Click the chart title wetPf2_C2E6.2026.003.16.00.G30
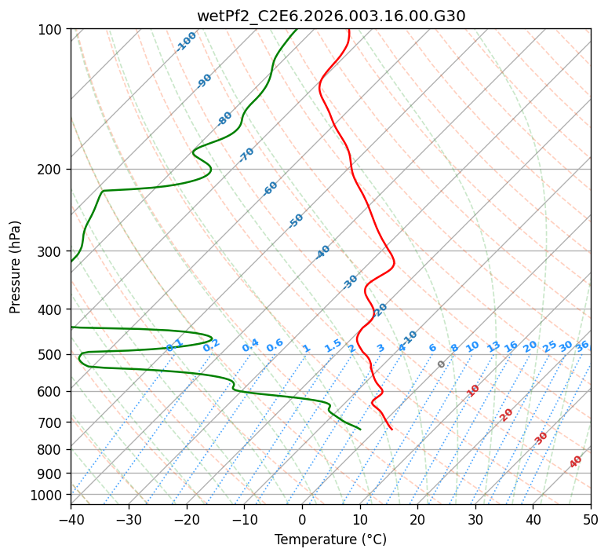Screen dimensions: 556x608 click(330, 16)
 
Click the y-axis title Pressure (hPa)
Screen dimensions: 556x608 click(16, 266)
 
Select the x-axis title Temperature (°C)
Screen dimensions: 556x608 click(330, 540)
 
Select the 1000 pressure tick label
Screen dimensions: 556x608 click(49, 495)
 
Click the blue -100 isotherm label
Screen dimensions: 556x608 click(186, 41)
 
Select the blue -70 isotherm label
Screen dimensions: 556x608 click(246, 154)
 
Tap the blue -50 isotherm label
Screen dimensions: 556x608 click(296, 221)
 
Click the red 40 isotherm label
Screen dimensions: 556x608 click(576, 462)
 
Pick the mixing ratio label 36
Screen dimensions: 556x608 click(582, 346)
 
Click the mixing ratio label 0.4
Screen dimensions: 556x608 click(250, 346)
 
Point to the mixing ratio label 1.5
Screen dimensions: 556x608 click(333, 345)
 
